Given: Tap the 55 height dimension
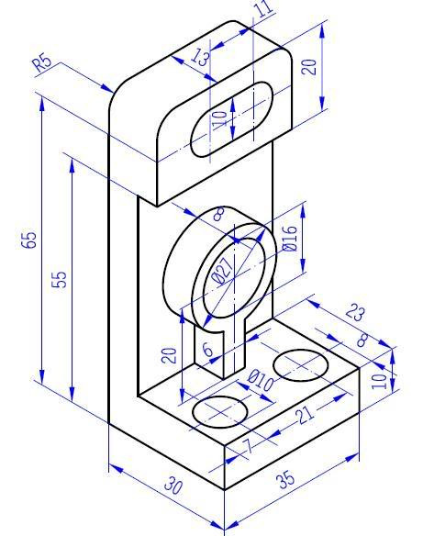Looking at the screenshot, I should coord(60,279).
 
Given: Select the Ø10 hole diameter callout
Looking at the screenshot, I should coord(261,381).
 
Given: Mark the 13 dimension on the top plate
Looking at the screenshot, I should coord(201,58).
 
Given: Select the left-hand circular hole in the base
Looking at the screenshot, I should coord(219,412).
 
